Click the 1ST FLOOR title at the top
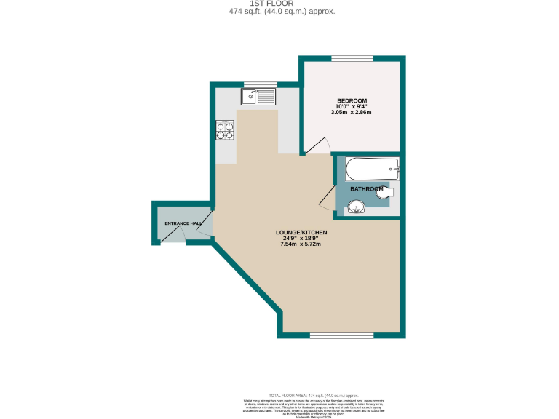pos(279,4)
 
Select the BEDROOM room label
pos(352,100)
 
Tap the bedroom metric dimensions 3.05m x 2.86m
pos(352,113)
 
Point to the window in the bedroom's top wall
pos(352,58)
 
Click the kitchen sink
pos(259,95)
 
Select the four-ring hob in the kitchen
pos(225,129)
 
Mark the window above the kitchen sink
pos(260,84)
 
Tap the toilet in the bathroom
pos(386,192)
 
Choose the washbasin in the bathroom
pos(357,209)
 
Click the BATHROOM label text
pos(366,189)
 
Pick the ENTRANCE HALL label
pos(183,223)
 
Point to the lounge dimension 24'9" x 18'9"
pos(304,238)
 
